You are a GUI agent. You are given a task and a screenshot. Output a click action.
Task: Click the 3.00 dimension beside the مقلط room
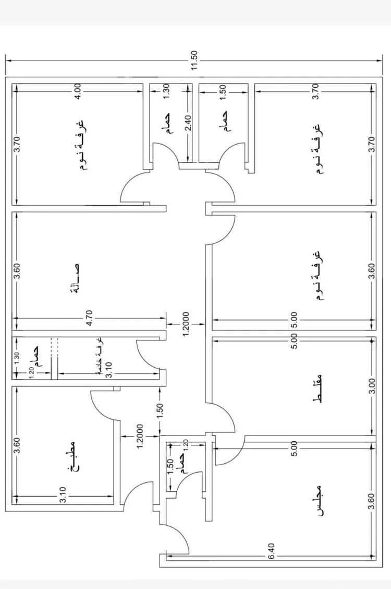pos(371,390)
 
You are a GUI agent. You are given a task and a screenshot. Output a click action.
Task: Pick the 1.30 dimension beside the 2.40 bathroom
pos(166,91)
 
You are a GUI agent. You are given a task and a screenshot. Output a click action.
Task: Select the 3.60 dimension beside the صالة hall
pos(17,272)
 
